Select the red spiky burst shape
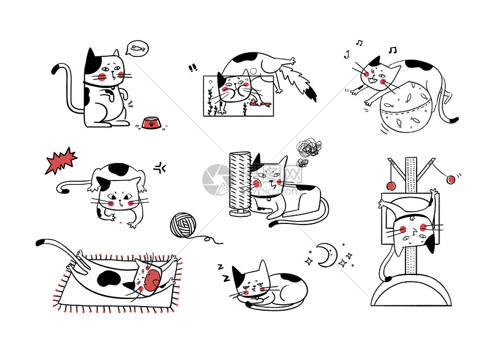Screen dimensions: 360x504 61,160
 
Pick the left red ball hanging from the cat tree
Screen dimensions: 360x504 390,185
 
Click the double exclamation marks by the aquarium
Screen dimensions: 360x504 193,69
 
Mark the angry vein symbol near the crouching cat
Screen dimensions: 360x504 160,169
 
